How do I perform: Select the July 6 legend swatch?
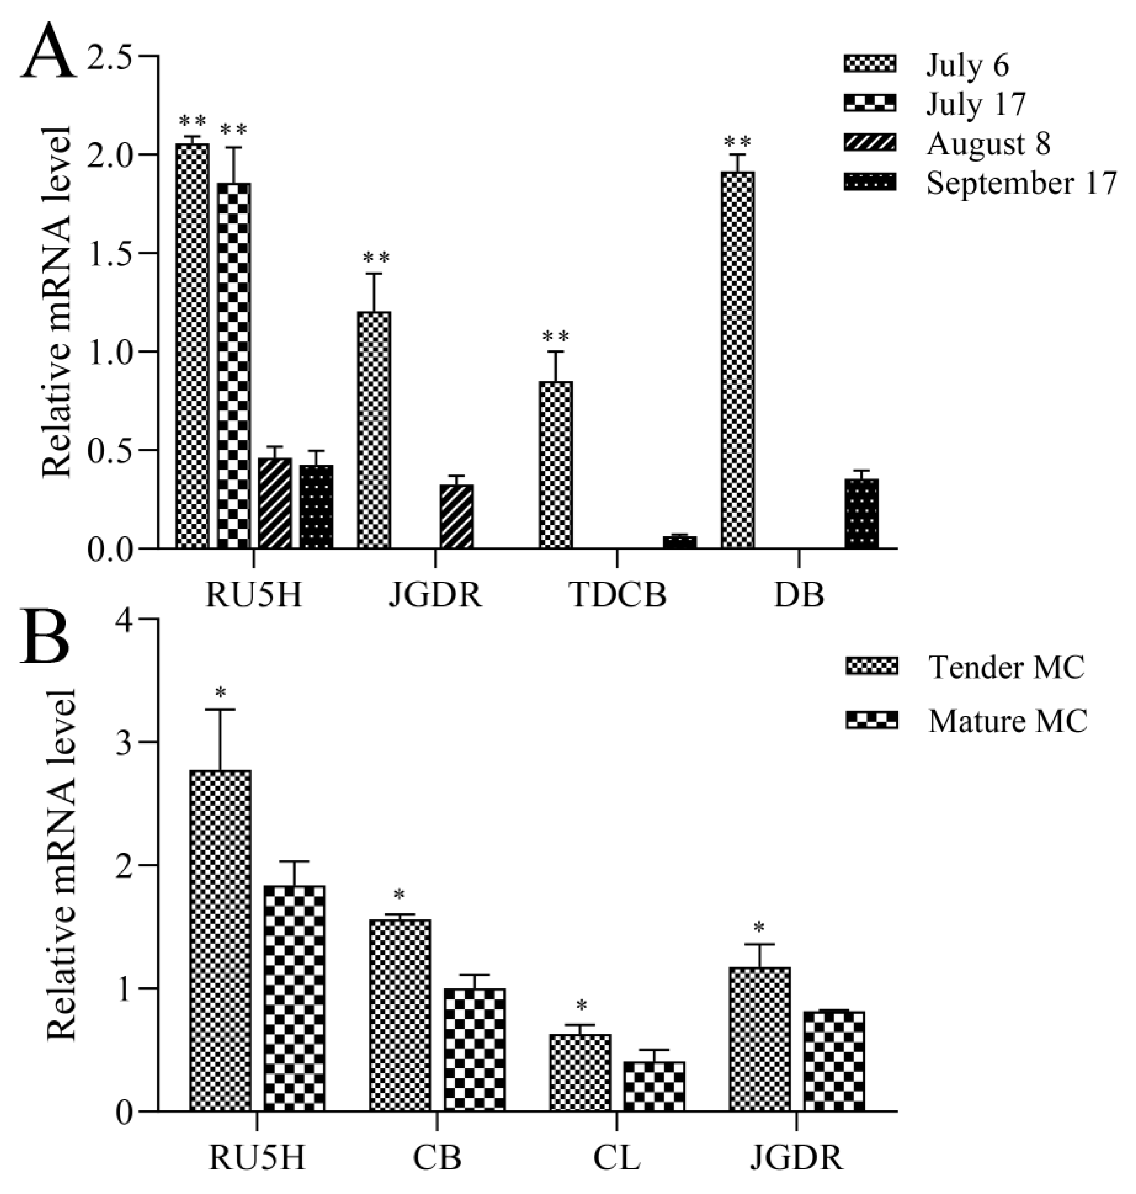[870, 64]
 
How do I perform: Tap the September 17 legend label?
[1021, 183]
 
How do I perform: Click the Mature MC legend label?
[1008, 722]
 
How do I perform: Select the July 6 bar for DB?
[737, 360]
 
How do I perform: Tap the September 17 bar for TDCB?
[679, 541]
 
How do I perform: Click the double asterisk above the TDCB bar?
[555, 336]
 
